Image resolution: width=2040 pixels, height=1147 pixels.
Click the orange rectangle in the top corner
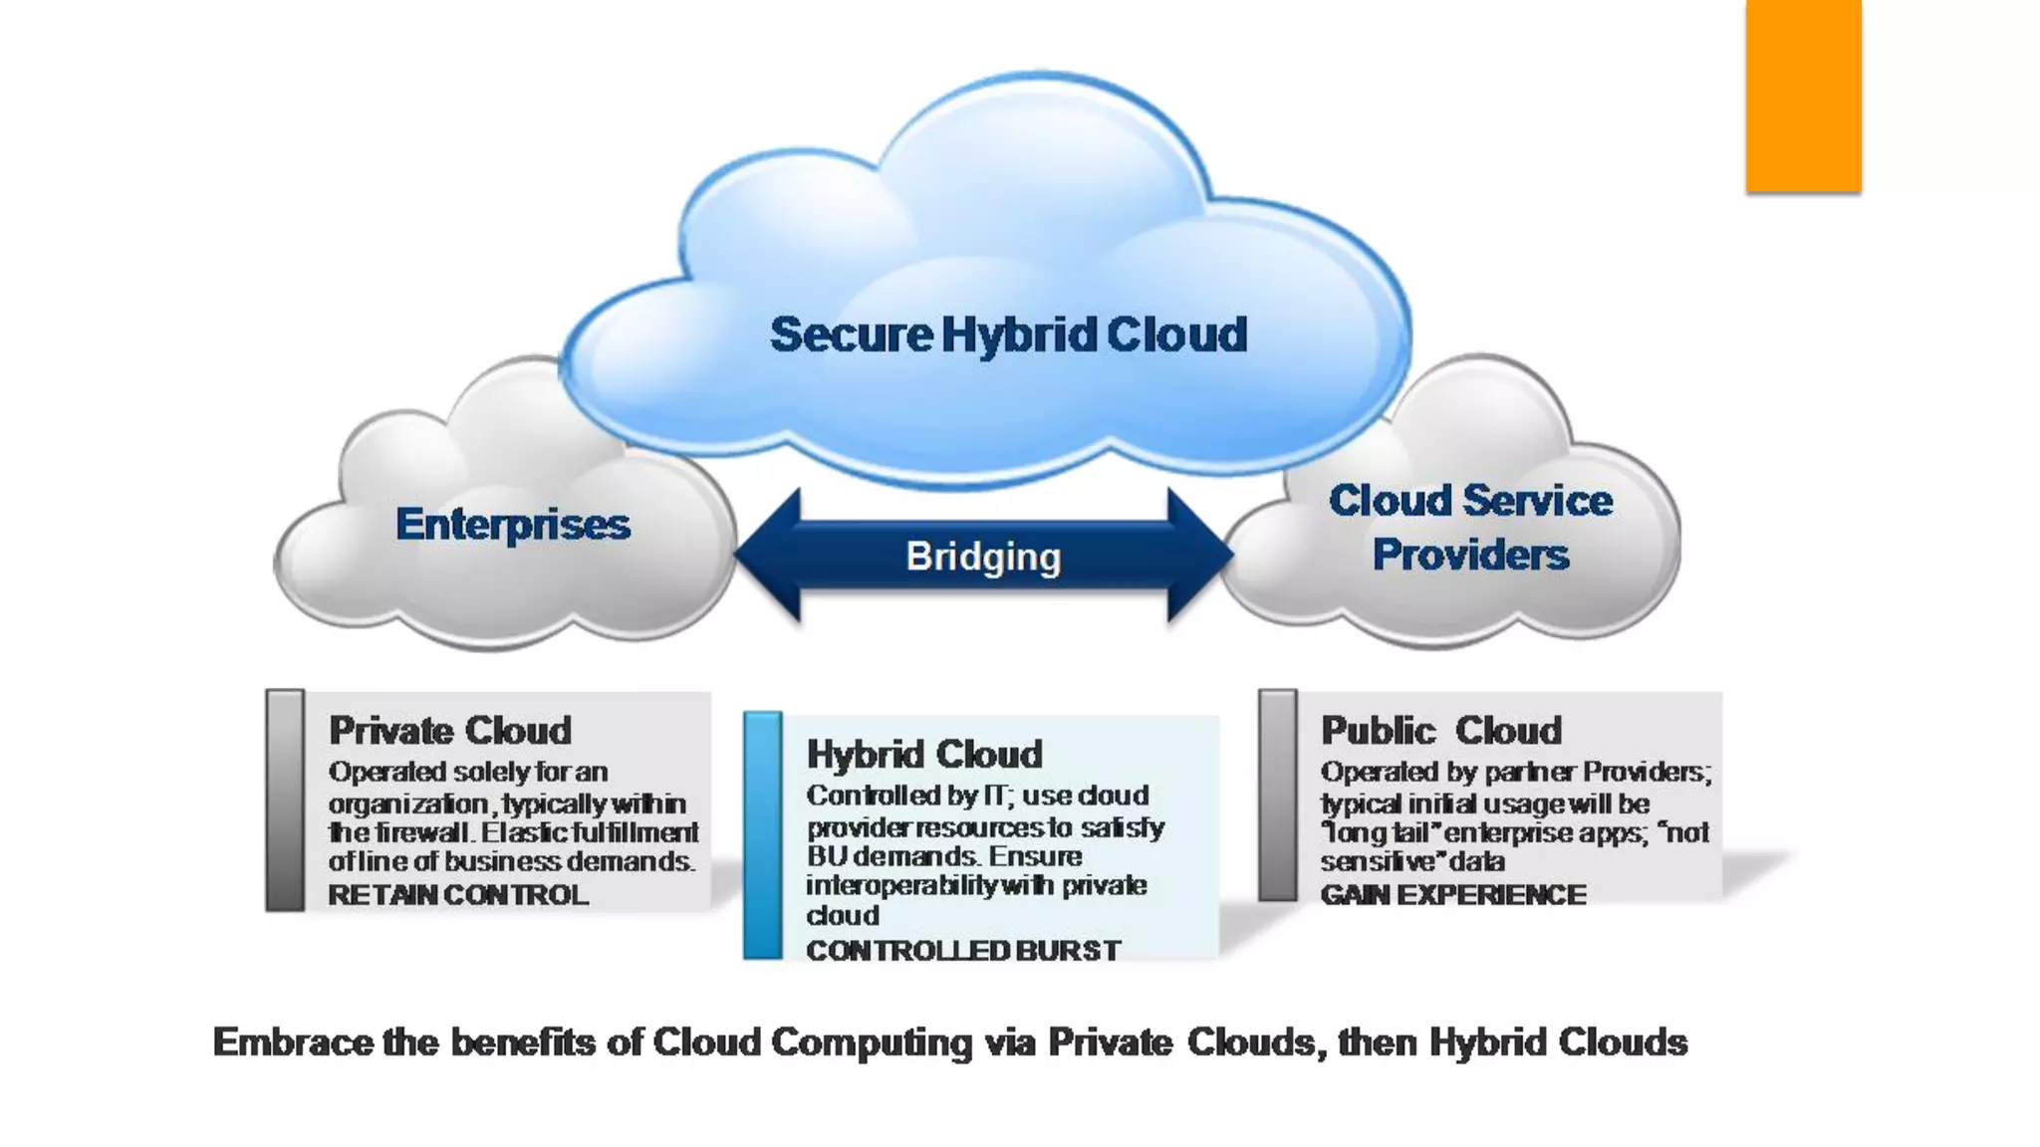pos(1803,96)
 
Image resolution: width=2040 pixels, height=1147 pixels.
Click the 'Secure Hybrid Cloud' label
pos(1008,335)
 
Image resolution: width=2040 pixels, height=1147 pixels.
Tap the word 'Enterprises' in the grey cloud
pos(513,524)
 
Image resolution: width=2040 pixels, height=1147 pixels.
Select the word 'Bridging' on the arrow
pos(983,557)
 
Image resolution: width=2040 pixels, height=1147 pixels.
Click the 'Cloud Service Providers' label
pos(1470,528)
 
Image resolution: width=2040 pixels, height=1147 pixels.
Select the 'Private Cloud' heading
pos(450,731)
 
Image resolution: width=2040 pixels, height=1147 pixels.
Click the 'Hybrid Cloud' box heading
pos(924,755)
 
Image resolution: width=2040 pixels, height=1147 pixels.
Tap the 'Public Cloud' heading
pos(1441,731)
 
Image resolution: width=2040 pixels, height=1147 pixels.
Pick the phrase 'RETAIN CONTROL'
pos(458,895)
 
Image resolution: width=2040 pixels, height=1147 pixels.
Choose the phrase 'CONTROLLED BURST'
pos(963,951)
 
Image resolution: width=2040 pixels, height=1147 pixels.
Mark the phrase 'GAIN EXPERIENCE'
pos(1453,895)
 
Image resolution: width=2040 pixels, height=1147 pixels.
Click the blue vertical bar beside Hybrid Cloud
pos(763,835)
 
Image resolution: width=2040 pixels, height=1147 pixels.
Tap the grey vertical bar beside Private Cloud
pos(285,800)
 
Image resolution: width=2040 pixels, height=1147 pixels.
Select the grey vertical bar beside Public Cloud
pos(1278,795)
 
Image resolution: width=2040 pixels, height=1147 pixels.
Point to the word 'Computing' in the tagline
pos(872,1043)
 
